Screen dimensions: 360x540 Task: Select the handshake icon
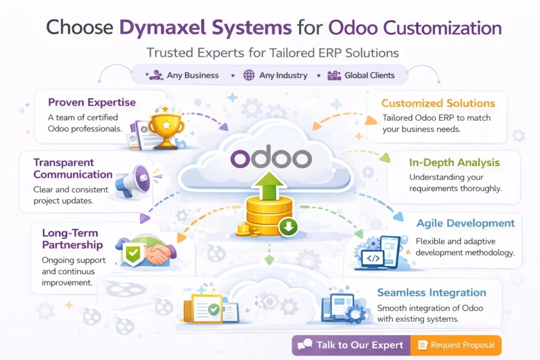157,254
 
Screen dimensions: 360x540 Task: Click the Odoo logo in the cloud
271,158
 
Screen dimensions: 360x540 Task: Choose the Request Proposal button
456,345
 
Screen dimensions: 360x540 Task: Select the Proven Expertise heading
92,102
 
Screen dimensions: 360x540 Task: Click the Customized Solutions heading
438,103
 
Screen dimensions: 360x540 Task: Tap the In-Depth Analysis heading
454,162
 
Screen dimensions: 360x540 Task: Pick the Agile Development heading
465,223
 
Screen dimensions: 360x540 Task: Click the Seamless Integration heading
431,293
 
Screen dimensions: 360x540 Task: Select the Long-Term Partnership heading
72,239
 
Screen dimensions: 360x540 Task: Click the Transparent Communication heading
72,168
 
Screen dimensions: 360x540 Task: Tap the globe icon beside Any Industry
249,75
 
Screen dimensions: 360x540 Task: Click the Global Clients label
369,75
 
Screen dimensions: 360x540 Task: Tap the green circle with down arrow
289,228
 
